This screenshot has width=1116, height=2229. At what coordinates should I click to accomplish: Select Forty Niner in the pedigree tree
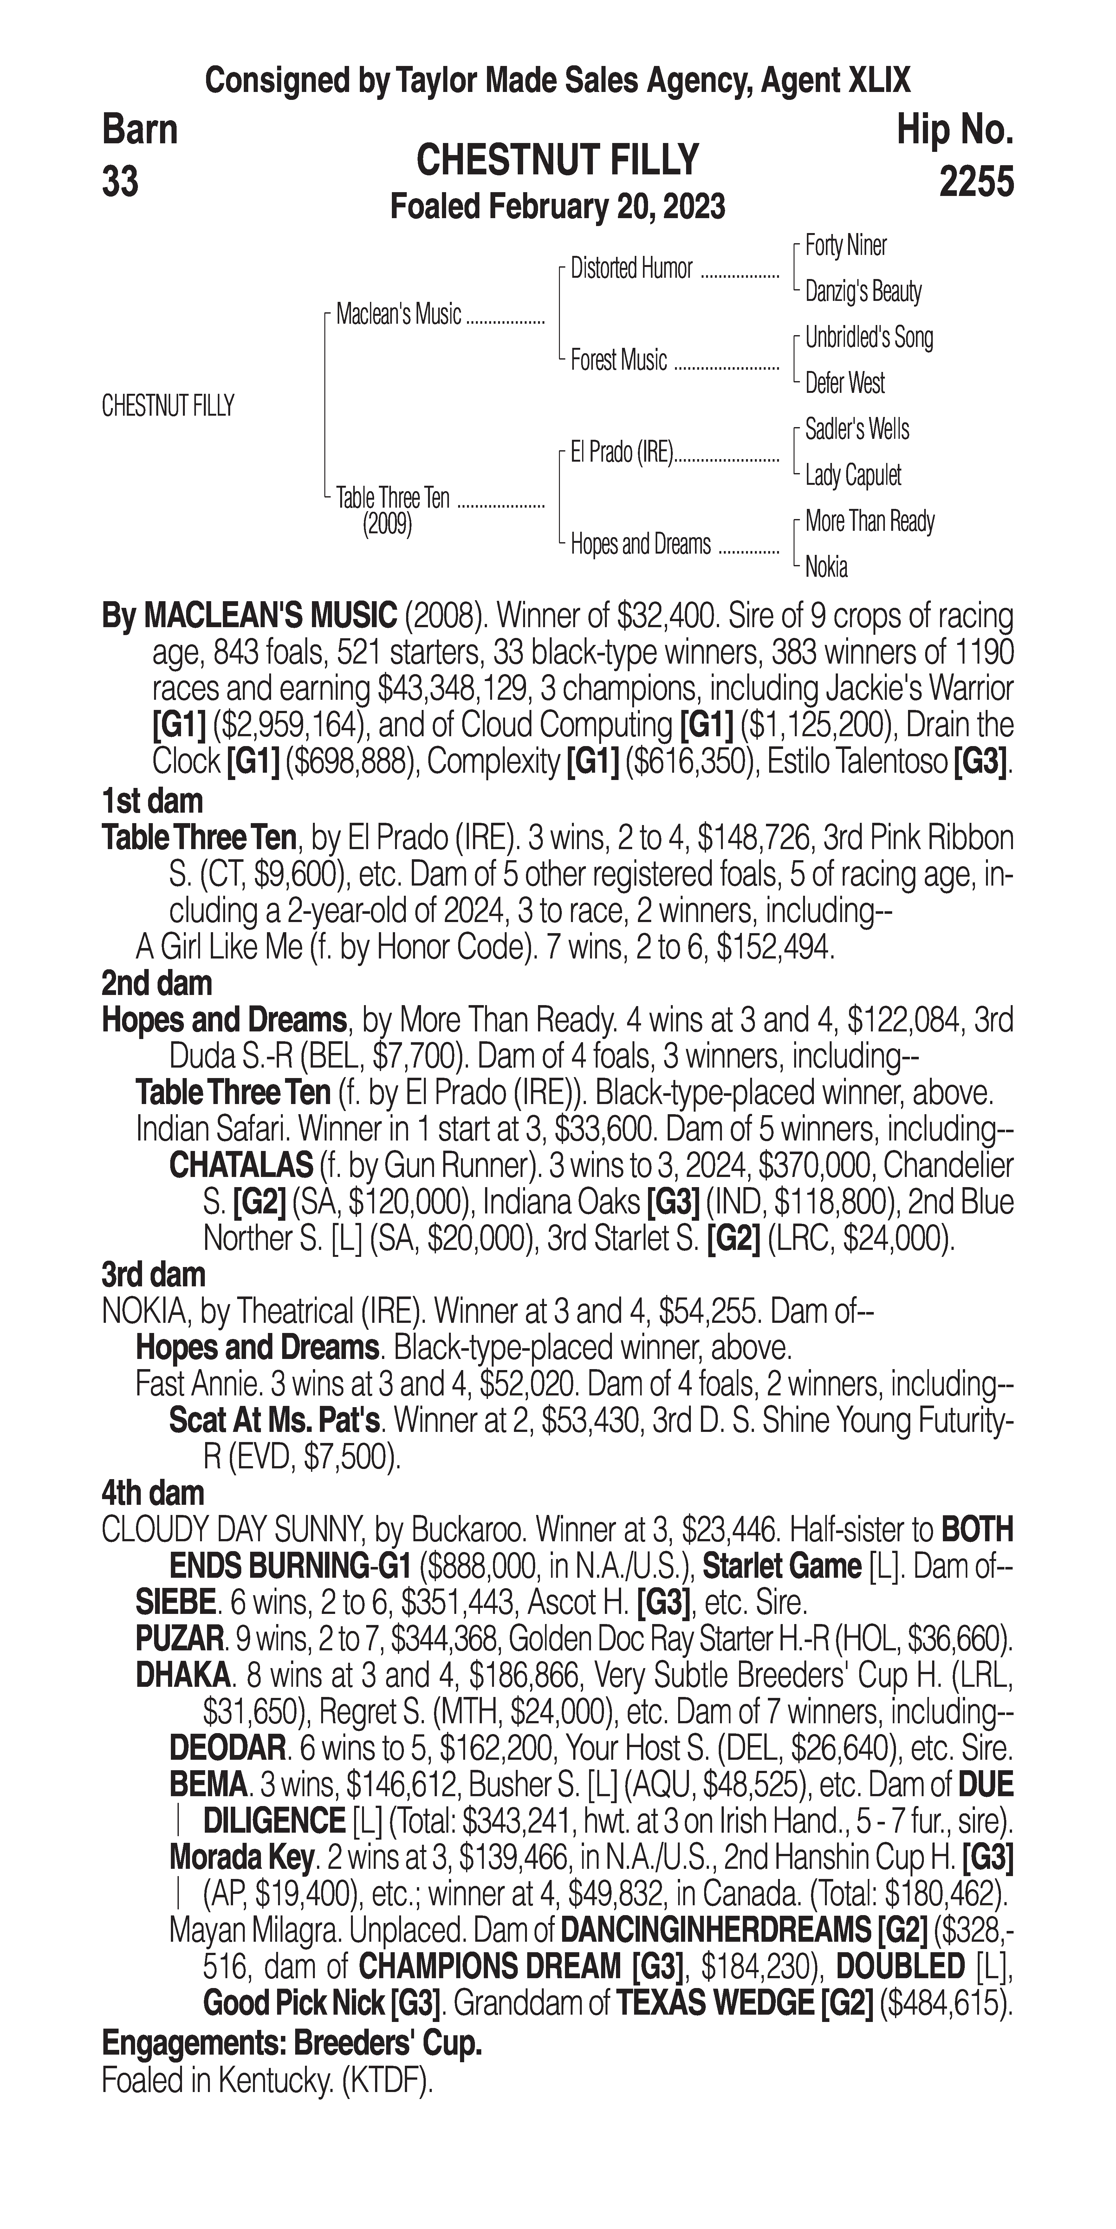845,246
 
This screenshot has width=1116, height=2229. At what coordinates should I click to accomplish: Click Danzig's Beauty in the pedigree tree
862,292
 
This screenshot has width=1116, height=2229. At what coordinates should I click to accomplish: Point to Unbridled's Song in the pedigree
869,337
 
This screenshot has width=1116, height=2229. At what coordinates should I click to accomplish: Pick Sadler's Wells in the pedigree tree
856,429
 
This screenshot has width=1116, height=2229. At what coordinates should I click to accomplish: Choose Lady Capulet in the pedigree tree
853,475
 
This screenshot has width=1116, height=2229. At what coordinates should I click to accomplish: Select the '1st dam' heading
152,801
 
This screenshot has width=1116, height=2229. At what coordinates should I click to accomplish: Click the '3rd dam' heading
154,1275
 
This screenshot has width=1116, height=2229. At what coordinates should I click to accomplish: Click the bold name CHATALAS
241,1166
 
